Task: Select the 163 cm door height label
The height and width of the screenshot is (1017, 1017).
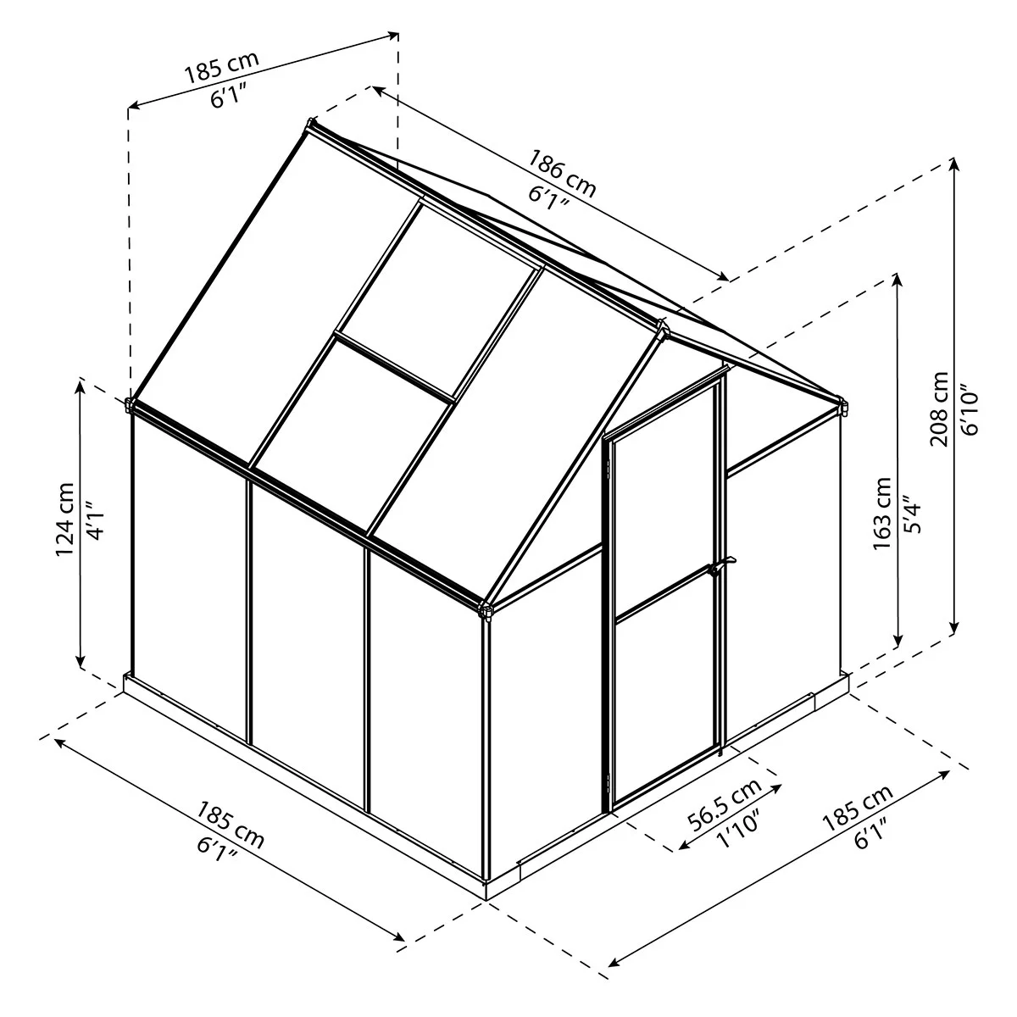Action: (882, 513)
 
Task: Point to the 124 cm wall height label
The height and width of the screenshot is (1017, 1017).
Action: (65, 519)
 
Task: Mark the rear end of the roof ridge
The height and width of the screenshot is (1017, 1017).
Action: (311, 125)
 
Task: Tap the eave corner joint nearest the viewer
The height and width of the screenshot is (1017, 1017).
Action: (486, 609)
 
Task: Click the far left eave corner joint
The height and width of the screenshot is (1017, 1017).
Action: (130, 405)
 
